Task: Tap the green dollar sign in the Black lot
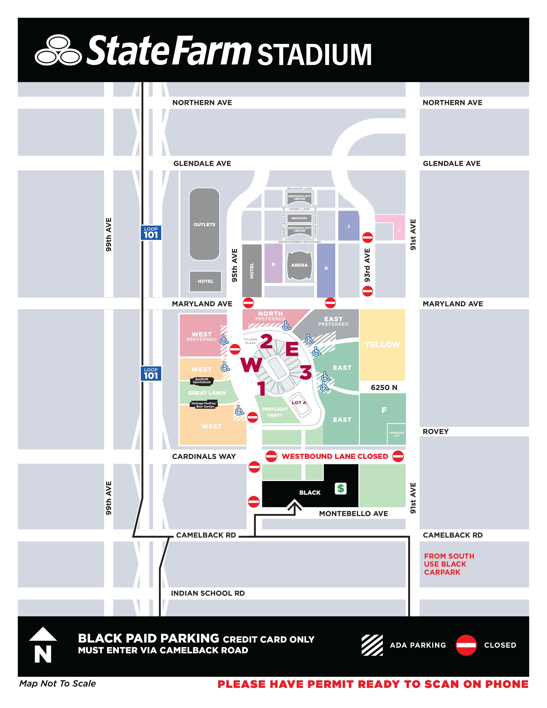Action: (341, 488)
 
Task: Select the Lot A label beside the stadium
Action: (299, 403)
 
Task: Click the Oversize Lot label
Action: (397, 434)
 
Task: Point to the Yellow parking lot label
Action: (382, 344)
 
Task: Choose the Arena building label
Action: (299, 265)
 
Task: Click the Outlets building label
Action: (204, 224)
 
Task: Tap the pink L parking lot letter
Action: (399, 230)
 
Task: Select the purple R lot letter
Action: (273, 265)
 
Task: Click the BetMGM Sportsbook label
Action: (202, 381)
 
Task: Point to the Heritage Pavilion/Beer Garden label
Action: (204, 405)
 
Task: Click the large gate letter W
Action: (251, 365)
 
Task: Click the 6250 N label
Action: (384, 387)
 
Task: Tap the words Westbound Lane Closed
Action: (335, 456)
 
